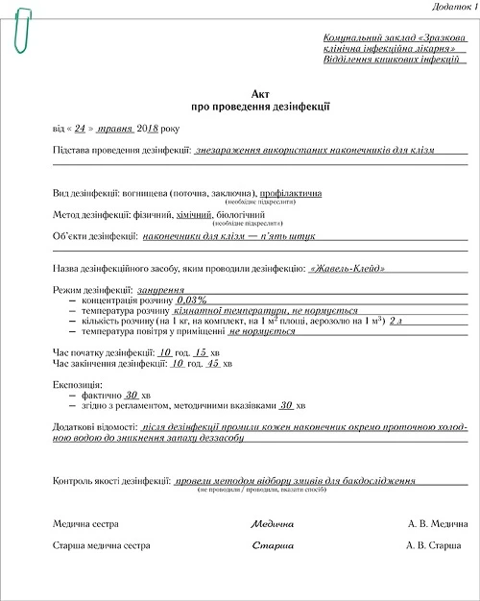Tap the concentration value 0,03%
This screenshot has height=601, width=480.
[192, 300]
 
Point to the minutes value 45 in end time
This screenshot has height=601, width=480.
[214, 365]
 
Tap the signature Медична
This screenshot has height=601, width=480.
[272, 524]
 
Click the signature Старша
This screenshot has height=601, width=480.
[272, 545]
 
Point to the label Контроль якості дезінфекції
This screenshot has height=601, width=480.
[110, 479]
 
